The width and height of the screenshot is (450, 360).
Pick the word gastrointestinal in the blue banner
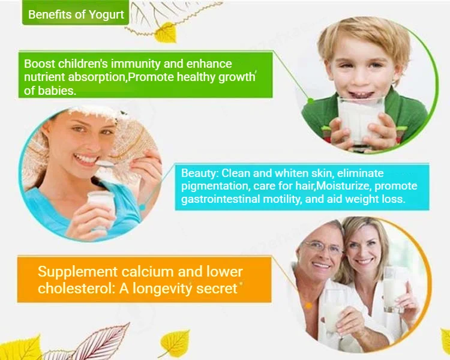[x=221, y=199]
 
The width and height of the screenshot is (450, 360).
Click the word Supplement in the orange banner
[x=78, y=272]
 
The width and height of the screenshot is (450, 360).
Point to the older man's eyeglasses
[x=323, y=247]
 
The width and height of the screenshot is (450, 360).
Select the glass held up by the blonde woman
[x=395, y=289]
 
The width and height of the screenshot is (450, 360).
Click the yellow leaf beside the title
[x=166, y=33]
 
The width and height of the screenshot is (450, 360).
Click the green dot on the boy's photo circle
[x=310, y=101]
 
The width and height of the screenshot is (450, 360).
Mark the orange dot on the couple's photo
[x=309, y=306]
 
